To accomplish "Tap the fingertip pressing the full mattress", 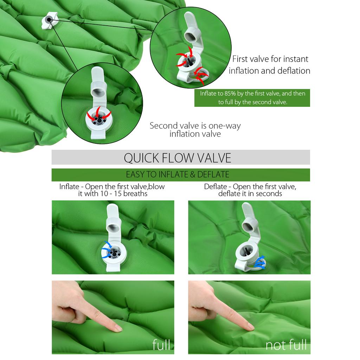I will pyautogui.click(x=117, y=329).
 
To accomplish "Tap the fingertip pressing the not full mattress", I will pyautogui.click(x=250, y=327).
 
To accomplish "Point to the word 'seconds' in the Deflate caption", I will pyautogui.click(x=269, y=194).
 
